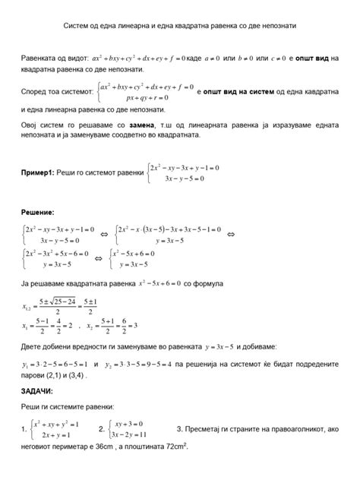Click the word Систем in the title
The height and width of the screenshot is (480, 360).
coord(76,26)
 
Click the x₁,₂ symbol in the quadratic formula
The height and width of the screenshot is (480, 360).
coord(28,305)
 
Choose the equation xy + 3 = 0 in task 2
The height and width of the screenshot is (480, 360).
coord(134,422)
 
